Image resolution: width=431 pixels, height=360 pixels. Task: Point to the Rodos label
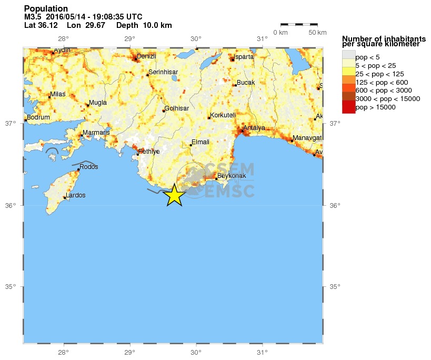point(89,167)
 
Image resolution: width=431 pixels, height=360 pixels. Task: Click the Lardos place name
point(76,195)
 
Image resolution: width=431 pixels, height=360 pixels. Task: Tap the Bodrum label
point(38,117)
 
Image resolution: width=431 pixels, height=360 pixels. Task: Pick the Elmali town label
point(201,142)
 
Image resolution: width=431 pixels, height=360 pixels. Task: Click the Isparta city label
point(244,56)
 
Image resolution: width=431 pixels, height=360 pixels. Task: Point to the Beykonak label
point(232,176)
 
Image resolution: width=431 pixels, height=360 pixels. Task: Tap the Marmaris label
point(96,132)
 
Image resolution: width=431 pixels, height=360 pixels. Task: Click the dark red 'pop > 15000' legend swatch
point(348,107)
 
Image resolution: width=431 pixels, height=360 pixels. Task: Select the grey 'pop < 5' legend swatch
point(348,54)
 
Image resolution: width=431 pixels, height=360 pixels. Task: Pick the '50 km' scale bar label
point(317,33)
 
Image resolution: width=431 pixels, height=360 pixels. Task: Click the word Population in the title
point(46,9)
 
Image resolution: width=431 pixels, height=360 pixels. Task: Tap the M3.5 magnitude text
point(33,17)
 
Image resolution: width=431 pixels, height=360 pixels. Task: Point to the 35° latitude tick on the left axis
point(11,287)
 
